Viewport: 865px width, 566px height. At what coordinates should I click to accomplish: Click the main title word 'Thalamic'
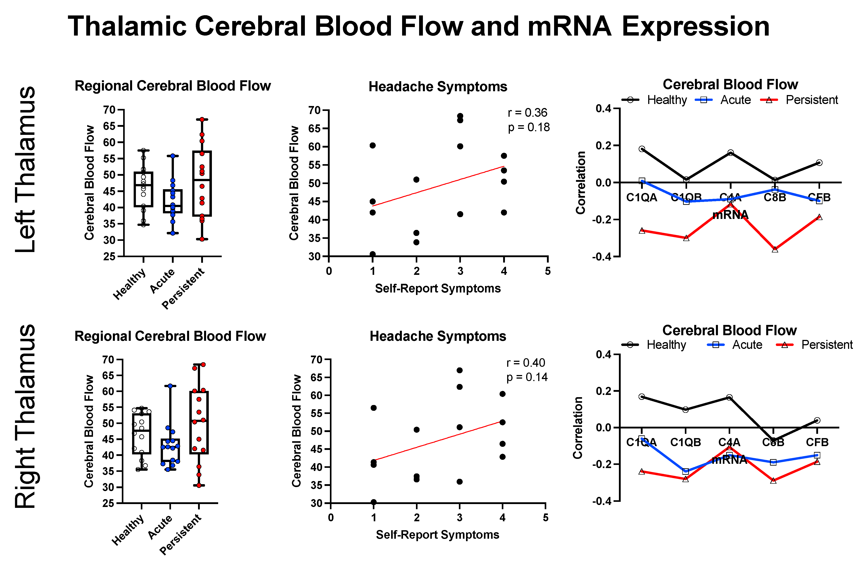[x=127, y=26]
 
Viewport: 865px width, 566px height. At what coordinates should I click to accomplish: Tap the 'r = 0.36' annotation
[x=527, y=113]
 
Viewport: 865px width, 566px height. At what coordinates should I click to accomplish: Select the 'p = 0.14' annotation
[x=527, y=377]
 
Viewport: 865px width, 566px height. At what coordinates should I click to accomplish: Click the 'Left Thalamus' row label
[x=25, y=169]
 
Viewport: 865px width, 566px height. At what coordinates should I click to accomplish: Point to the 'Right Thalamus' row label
[x=25, y=416]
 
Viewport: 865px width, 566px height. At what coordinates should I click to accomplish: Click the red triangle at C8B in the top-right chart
[x=775, y=249]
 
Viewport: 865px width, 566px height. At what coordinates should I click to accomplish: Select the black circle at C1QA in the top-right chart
[x=642, y=149]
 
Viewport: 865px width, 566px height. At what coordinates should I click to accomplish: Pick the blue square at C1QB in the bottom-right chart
[x=686, y=471]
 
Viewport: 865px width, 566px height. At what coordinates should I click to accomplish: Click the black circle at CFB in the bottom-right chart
[x=817, y=420]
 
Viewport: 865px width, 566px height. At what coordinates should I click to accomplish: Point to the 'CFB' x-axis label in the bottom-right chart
[x=817, y=442]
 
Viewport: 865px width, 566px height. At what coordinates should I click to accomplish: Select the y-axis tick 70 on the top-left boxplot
[x=109, y=110]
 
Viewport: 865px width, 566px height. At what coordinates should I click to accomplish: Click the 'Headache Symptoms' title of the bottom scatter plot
[x=438, y=336]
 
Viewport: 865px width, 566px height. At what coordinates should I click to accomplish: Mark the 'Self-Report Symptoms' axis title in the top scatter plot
[x=438, y=288]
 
